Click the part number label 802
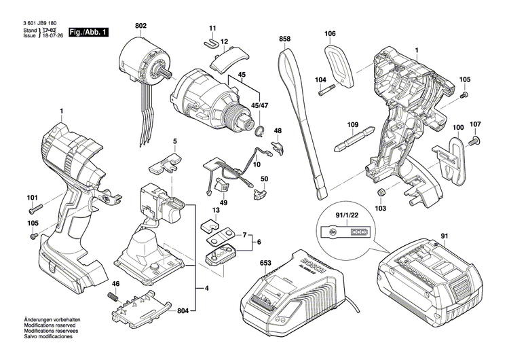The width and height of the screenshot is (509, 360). (x=140, y=26)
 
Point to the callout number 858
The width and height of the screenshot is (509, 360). (x=284, y=40)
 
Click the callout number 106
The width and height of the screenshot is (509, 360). (x=330, y=33)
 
